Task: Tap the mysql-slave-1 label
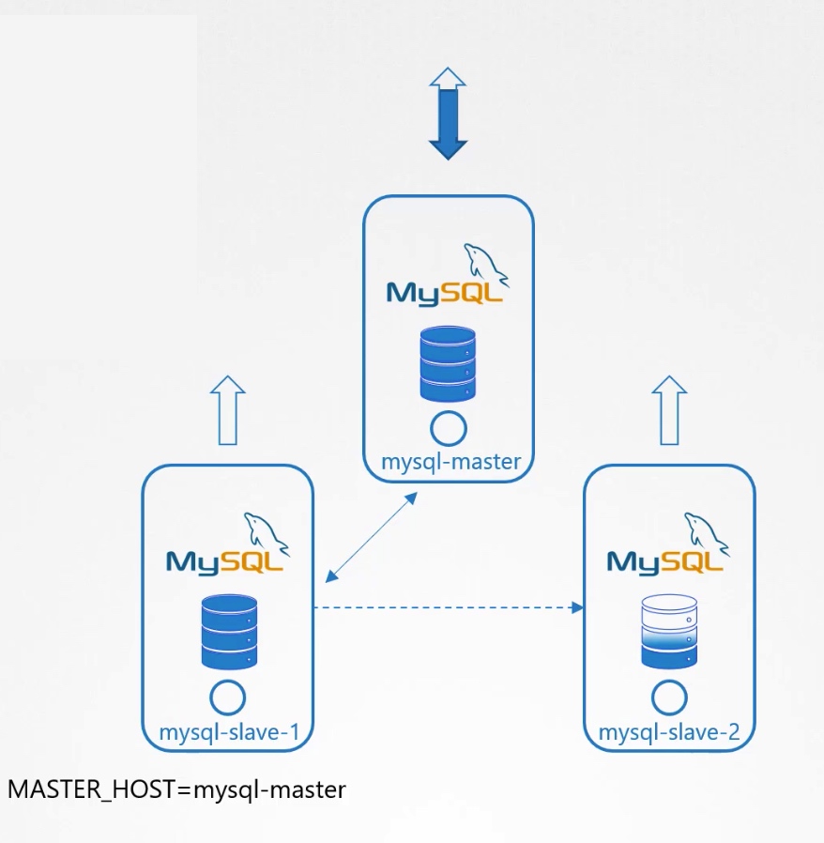230,732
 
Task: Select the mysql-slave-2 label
669,732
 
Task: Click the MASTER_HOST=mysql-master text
176,789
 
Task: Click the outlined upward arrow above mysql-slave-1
228,410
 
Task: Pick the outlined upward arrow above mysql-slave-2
669,410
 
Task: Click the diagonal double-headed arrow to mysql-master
371,536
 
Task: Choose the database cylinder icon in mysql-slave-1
229,632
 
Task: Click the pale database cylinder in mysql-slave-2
669,632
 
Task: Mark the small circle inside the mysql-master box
449,428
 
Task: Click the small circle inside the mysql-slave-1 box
228,697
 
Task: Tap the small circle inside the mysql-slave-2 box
669,697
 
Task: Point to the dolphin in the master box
486,263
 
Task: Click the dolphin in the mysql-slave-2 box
707,533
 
